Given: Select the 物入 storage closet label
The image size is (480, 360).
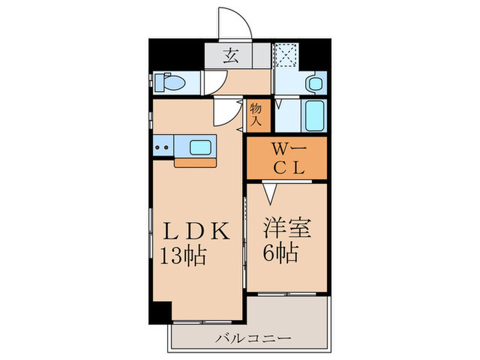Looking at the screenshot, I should [x=256, y=114].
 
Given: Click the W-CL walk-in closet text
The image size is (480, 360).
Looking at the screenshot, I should [x=286, y=157].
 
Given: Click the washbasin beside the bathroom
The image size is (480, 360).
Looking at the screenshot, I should [x=315, y=84].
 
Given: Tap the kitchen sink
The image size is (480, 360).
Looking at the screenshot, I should [x=201, y=146].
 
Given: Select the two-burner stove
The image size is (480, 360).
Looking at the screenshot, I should [x=163, y=146].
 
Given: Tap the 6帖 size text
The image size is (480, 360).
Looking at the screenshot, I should [x=280, y=254].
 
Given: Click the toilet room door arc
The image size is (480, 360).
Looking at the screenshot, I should [x=212, y=82].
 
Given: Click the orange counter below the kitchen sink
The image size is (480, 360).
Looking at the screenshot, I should [x=195, y=163].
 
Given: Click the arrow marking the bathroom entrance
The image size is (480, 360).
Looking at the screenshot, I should [x=280, y=105].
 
